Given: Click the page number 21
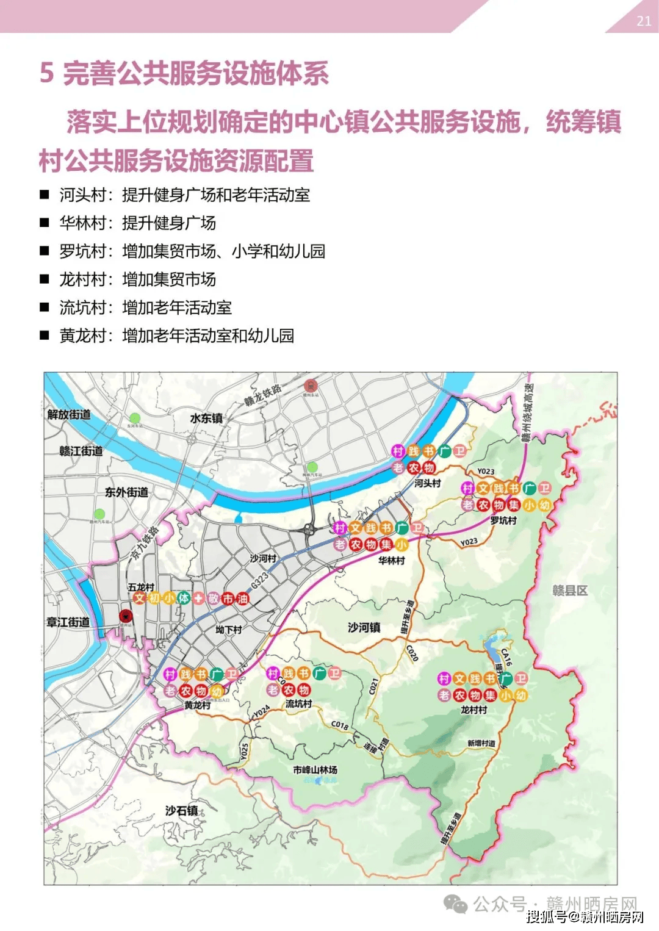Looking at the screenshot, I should (644, 21).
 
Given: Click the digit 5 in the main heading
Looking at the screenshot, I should (46, 73).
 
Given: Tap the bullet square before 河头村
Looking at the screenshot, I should (45, 195).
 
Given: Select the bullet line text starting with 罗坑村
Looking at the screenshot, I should (192, 251).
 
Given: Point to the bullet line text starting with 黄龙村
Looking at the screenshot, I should (176, 336).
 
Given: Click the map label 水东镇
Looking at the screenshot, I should (206, 419).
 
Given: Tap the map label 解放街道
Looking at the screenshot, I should (69, 415).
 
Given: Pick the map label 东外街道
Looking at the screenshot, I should (126, 492).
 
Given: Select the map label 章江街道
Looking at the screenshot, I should (68, 622).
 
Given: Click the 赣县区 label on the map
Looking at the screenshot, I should (569, 591).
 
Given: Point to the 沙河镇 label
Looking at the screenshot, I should (364, 627).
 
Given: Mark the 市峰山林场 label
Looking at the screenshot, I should (315, 770).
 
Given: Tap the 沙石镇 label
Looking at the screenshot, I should (182, 811).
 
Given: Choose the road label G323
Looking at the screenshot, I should (259, 580).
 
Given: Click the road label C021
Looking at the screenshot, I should (373, 687).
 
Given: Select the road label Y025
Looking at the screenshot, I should (244, 751).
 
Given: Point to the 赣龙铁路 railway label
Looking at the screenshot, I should (263, 395).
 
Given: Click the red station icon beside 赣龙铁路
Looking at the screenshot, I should (311, 386).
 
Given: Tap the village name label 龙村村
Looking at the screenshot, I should (474, 710).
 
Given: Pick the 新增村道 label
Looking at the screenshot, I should (481, 743).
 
